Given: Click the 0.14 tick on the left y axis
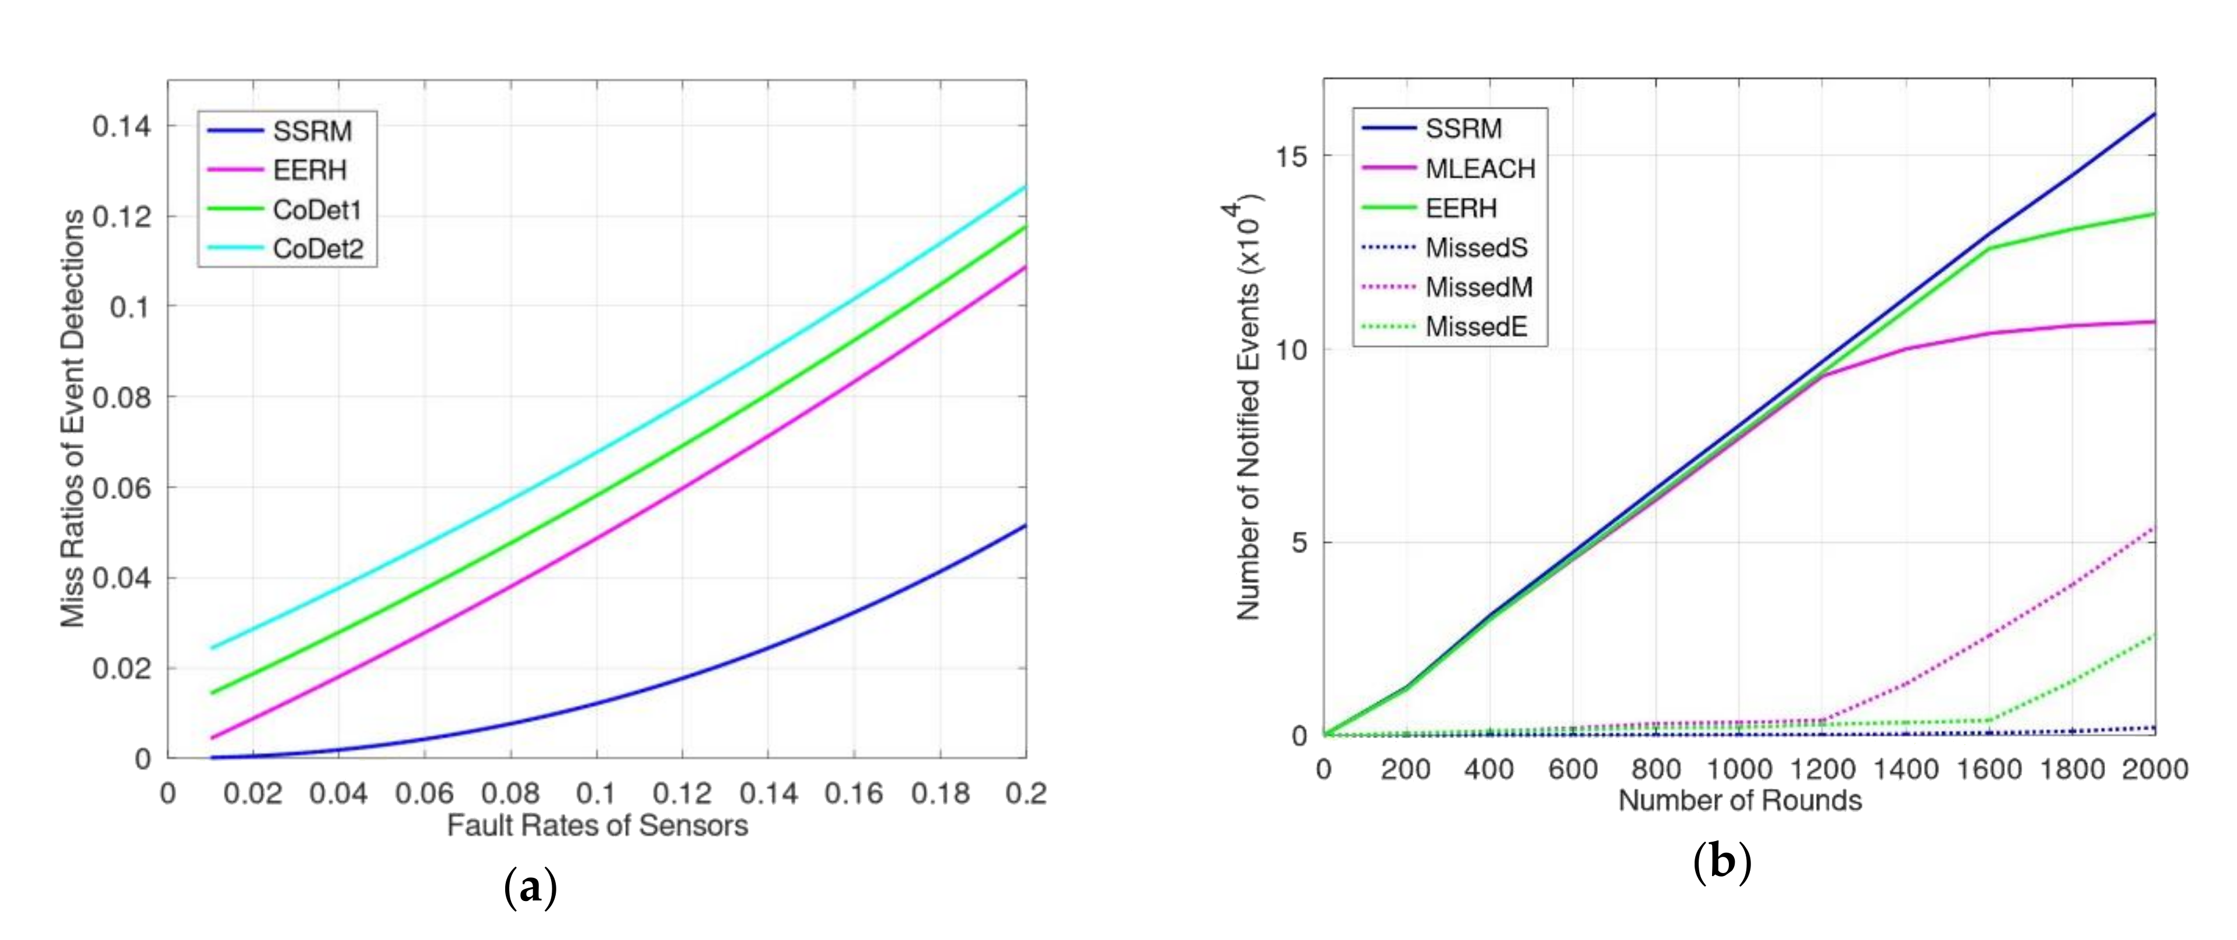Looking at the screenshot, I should tap(122, 127).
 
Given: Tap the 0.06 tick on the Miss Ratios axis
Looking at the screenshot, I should tap(122, 488).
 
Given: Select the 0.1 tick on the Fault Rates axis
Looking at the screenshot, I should tap(596, 793).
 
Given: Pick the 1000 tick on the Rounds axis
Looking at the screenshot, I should tap(1739, 770).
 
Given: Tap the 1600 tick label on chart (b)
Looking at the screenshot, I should tap(1989, 770).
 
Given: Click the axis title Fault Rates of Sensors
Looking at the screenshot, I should tap(596, 825).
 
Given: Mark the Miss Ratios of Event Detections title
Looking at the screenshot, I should tap(73, 418).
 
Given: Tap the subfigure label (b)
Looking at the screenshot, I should tap(1722, 863).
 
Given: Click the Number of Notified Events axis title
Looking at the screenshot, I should tap(1248, 408).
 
